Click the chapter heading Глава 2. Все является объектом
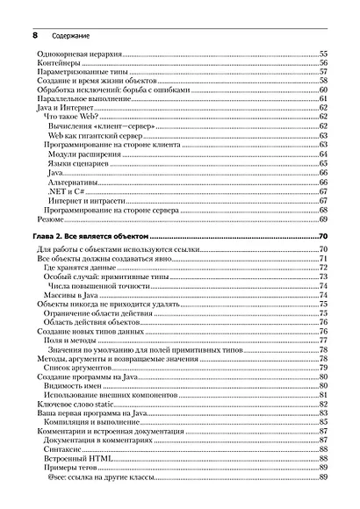(91, 237)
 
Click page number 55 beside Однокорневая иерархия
(322, 54)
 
